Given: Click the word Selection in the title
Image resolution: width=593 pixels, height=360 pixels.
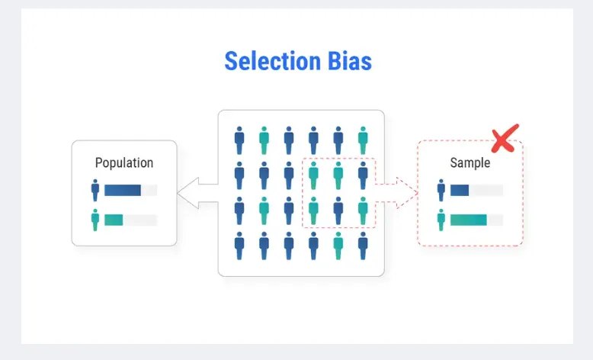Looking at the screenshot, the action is [273, 61].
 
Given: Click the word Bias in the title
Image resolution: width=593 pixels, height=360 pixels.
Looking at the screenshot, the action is [350, 61].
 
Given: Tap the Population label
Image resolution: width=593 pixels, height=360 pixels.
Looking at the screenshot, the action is [124, 162].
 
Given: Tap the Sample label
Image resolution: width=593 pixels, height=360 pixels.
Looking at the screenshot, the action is [470, 162].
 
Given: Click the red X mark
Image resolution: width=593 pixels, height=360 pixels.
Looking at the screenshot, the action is [505, 139].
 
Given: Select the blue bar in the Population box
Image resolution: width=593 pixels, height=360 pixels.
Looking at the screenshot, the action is [123, 190].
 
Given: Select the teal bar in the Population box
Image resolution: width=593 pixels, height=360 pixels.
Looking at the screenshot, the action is [114, 220].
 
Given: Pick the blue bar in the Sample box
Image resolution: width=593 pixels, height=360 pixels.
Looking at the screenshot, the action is [460, 190].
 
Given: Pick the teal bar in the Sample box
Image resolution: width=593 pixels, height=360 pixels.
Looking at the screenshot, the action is [469, 220].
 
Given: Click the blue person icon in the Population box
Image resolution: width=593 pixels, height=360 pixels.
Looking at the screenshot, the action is [95, 190].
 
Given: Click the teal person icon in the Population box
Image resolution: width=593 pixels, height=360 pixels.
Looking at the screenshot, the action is [95, 220].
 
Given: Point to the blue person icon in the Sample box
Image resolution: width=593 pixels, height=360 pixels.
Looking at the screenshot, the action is [441, 190].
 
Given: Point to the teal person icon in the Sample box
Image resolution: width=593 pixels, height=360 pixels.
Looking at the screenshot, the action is [441, 220].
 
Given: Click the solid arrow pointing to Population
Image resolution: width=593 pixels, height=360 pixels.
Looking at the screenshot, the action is [197, 193].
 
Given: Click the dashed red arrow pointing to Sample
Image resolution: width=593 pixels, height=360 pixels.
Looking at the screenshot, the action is [396, 193].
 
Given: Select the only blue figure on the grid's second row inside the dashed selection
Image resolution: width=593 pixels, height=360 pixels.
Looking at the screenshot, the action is [363, 175].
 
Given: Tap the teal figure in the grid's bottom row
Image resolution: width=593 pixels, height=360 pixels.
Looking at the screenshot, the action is [338, 246].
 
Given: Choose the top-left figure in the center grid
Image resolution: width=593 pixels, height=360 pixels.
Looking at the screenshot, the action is [239, 140].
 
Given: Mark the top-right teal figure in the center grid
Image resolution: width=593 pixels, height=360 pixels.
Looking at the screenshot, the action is [363, 140].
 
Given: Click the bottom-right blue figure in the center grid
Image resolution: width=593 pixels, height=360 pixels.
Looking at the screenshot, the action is [363, 246].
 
